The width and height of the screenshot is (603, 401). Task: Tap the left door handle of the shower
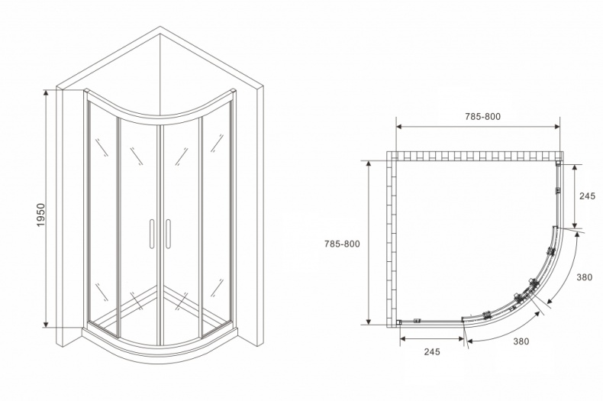(x=152, y=234)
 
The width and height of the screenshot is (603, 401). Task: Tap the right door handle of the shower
(x=168, y=234)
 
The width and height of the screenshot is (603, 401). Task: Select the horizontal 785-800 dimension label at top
(x=482, y=117)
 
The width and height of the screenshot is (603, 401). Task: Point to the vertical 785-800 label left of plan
(x=342, y=244)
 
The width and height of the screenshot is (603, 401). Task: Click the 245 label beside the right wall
(x=587, y=196)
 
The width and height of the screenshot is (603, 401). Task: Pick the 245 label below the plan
(x=432, y=351)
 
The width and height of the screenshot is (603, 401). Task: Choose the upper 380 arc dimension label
(x=584, y=277)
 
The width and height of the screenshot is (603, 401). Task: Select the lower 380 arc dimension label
(x=521, y=341)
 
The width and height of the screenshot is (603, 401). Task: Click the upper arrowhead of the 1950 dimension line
(x=46, y=93)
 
